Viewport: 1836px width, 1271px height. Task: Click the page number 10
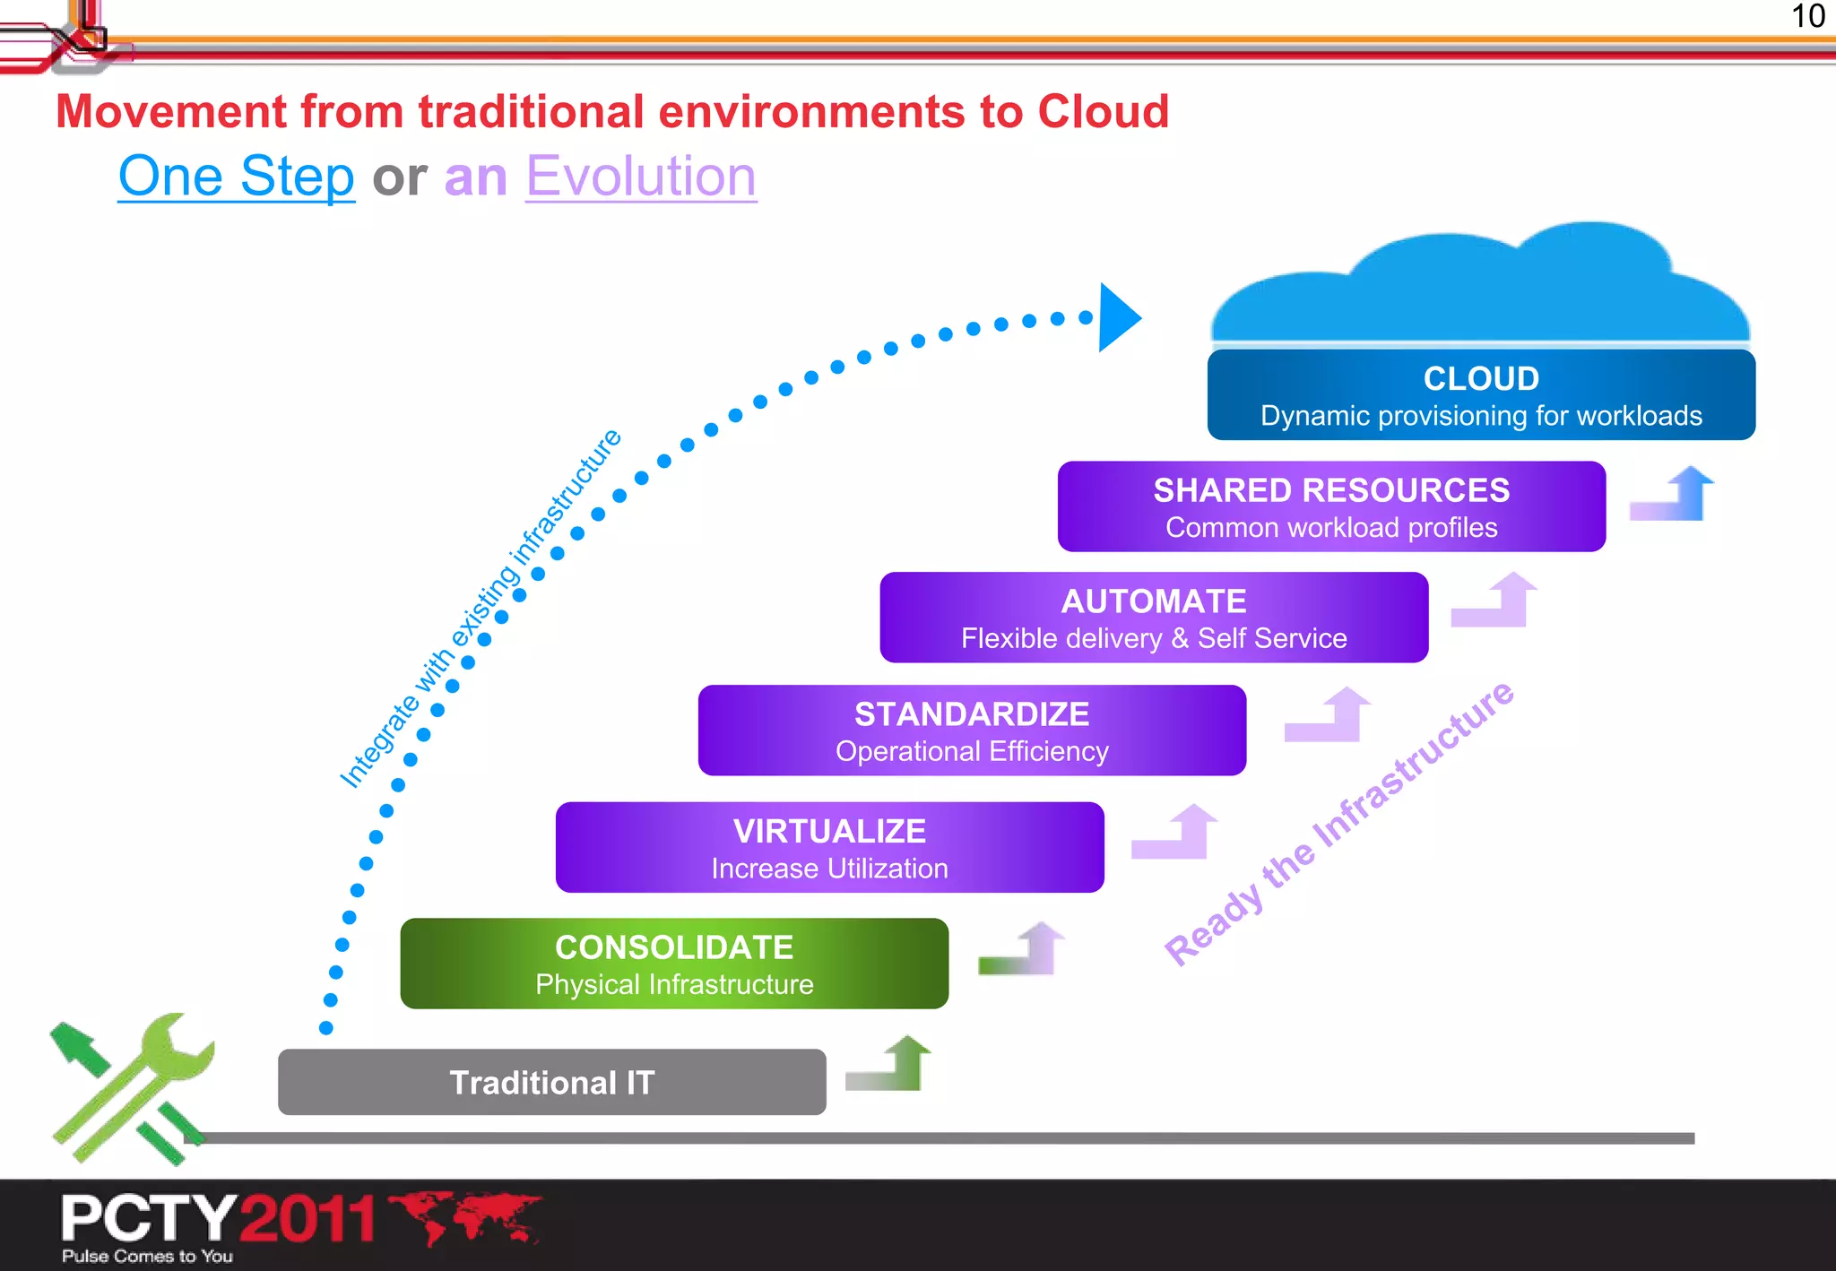(x=1807, y=16)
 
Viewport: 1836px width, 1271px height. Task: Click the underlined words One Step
(x=237, y=176)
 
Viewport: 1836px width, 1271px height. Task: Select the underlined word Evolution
(x=640, y=176)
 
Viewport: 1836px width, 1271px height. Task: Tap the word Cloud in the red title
(x=1103, y=112)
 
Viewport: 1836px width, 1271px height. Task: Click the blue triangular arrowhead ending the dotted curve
(x=1117, y=317)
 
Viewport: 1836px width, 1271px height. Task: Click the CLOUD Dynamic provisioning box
(x=1481, y=395)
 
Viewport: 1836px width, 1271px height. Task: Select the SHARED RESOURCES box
(x=1331, y=506)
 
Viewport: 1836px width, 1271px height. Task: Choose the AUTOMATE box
(x=1154, y=618)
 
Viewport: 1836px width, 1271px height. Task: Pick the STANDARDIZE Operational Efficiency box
(x=972, y=731)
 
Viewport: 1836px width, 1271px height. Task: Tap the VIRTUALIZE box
(x=829, y=847)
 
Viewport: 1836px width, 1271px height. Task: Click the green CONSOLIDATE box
(x=674, y=964)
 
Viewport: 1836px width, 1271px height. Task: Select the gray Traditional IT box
(x=551, y=1082)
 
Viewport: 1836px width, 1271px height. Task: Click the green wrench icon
(x=134, y=1089)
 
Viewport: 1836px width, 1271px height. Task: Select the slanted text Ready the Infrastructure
(x=1338, y=822)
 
